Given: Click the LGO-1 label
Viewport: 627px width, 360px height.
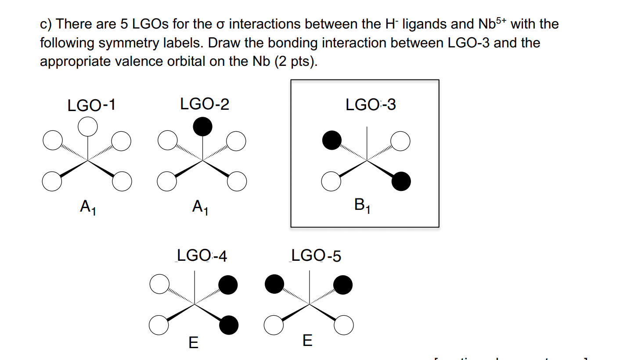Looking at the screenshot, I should coord(91,105).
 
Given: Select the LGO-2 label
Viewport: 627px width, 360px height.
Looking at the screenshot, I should coord(205,104).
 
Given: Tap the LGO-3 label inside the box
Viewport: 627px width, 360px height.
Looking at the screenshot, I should coord(371,105).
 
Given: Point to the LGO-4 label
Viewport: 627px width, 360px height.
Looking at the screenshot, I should coord(202,256).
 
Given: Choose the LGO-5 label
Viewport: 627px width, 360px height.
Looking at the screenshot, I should coord(316,256).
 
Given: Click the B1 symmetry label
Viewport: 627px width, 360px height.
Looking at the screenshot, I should coord(362,205).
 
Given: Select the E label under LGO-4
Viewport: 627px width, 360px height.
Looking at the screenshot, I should coord(193,342).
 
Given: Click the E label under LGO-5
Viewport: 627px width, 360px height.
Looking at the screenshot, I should coord(308,340).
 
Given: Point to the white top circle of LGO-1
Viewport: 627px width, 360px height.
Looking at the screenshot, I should coord(88,126).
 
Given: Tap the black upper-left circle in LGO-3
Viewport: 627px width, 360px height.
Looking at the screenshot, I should coord(332,140).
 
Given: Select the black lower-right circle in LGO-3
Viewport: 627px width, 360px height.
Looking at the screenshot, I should coord(401,181).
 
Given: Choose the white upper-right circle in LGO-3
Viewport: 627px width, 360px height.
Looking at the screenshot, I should coord(401,141).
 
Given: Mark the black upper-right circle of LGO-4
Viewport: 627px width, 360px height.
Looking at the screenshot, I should coord(228,285).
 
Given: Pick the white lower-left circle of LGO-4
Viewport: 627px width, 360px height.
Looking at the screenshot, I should coord(158,325).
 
